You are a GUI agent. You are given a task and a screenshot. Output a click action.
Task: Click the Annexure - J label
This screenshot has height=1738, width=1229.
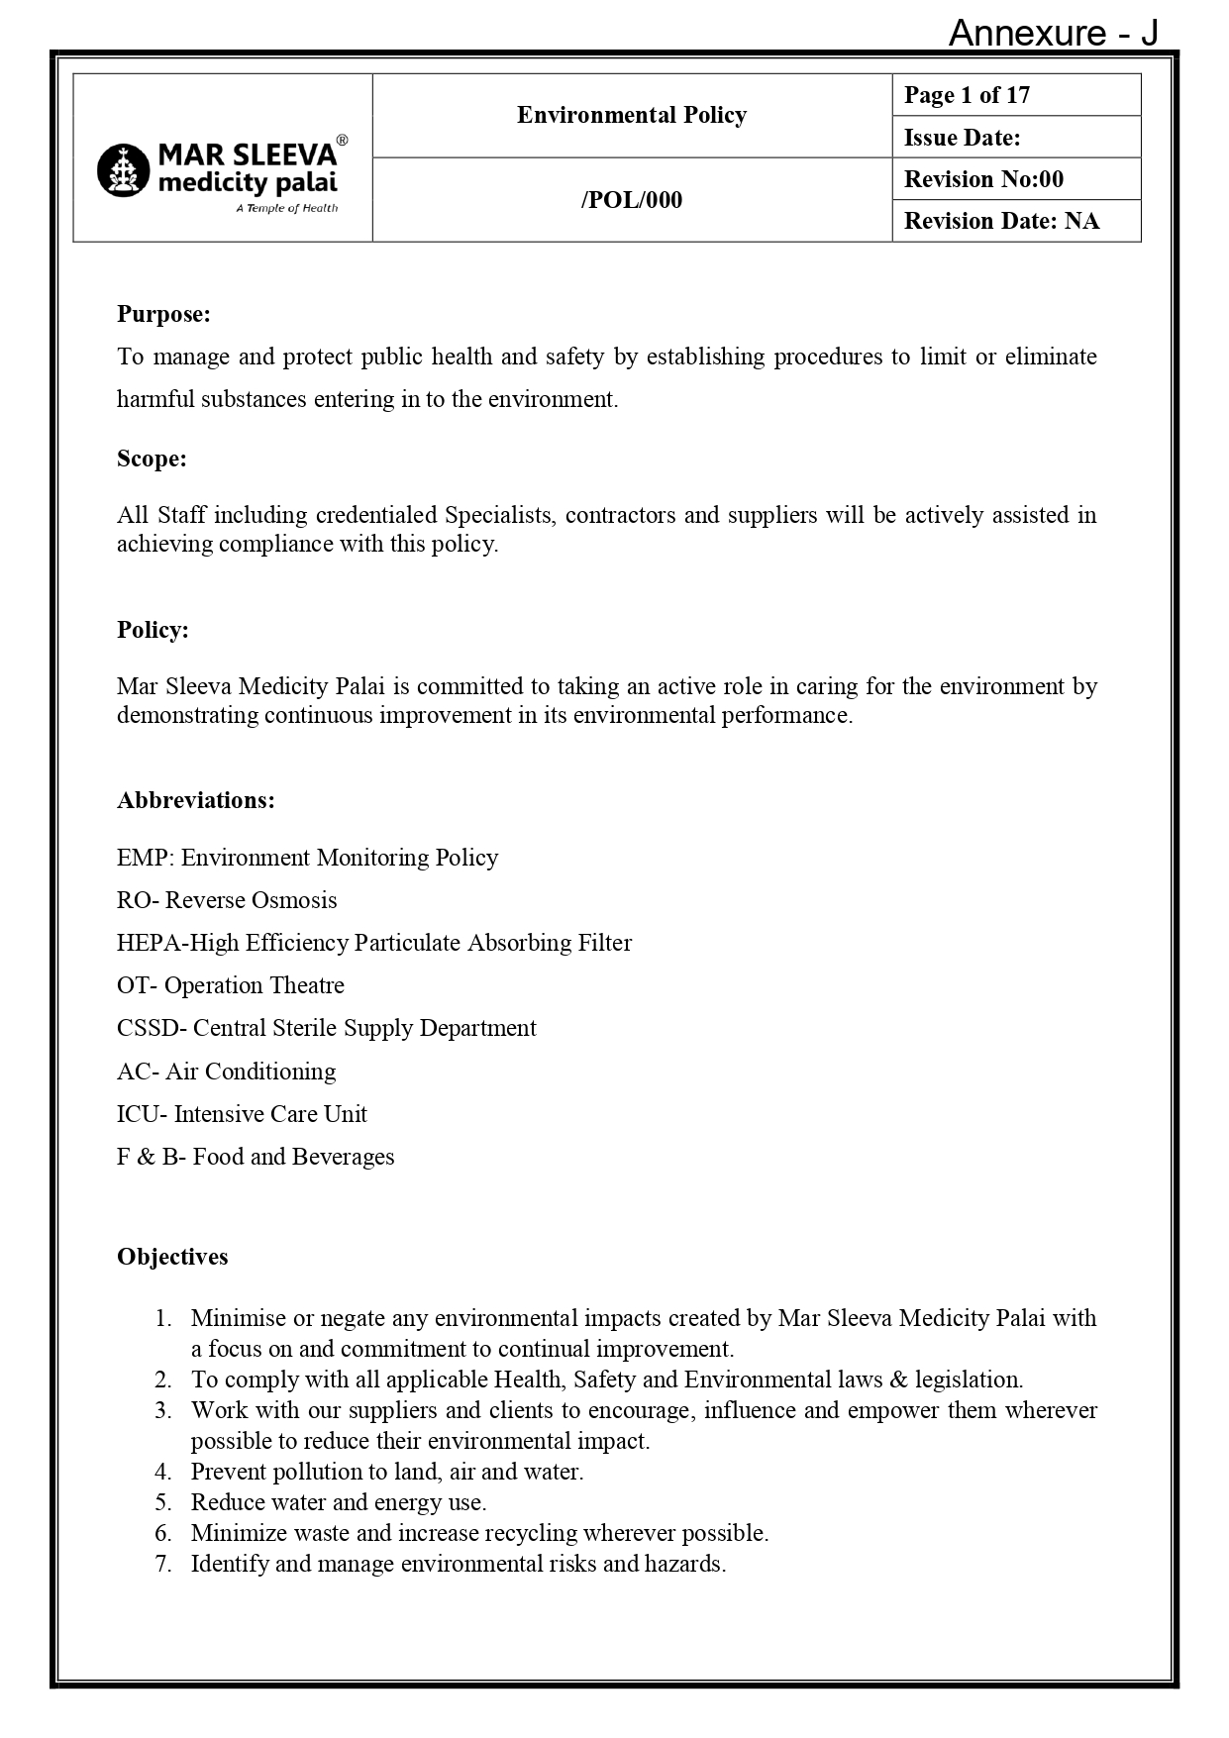click(x=1053, y=34)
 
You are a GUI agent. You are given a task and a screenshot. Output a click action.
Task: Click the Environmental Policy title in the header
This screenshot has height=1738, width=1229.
click(x=631, y=115)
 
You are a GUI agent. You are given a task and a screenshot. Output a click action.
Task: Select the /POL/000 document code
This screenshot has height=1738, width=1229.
click(x=631, y=200)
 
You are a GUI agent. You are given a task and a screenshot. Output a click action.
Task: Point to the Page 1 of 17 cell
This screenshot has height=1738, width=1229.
click(x=967, y=95)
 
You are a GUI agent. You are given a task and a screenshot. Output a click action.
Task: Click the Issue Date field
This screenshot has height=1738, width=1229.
click(x=962, y=138)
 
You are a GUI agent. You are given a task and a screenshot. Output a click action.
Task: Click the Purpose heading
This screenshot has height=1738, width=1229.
click(x=163, y=314)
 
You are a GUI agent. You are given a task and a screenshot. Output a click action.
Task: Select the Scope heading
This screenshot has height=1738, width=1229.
click(x=152, y=459)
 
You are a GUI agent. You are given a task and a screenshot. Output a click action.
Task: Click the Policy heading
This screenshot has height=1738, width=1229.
click(x=153, y=630)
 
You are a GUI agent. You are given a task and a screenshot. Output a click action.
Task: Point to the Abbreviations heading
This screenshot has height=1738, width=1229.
click(x=195, y=800)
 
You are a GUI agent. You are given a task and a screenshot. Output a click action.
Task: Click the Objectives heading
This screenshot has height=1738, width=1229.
click(x=172, y=1257)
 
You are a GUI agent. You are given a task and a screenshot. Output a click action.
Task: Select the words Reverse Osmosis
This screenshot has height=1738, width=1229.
click(x=251, y=900)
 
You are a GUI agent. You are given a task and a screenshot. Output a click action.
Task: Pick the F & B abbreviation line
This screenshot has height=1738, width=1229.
click(x=255, y=1157)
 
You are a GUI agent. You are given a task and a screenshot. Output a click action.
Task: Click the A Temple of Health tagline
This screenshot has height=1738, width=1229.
click(x=286, y=208)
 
